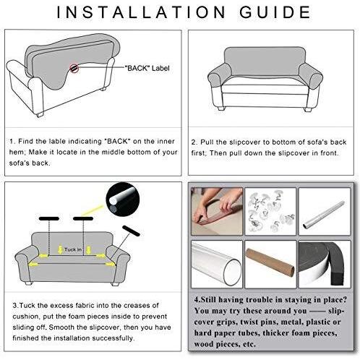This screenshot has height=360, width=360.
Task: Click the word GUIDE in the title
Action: pos(275,12)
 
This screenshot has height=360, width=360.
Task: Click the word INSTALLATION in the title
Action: pos(141,12)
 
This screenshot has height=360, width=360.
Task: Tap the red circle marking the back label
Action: pos(74,68)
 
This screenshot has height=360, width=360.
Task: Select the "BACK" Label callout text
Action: pos(147,68)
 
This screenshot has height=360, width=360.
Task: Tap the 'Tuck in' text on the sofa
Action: pos(73,249)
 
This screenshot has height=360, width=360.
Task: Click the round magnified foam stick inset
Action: pos(123,199)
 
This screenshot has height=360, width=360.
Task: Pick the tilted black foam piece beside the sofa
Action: pos(131,231)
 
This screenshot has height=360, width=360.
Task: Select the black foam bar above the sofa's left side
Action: pos(49,218)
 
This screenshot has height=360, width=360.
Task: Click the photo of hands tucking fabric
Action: pos(217,211)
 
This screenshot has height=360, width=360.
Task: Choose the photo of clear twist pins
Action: pos(270,211)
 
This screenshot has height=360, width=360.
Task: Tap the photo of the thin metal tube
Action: pos(325,211)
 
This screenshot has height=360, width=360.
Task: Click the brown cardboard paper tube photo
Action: pos(270,264)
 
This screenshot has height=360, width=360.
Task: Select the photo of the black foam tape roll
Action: pos(325,264)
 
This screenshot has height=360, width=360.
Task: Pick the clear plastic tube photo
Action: pos(217,264)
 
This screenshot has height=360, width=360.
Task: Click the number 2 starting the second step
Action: pos(194,142)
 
